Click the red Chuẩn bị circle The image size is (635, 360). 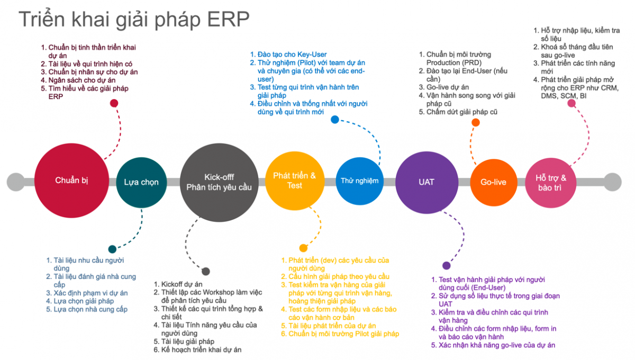coord(71,181)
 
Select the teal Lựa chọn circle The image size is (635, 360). coord(141,182)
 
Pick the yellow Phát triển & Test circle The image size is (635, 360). coord(294,181)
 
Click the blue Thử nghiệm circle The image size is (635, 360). coord(359,181)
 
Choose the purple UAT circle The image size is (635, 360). coord(427,182)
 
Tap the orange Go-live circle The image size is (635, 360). coord(493,182)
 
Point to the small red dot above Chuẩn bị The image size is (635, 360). coord(114,103)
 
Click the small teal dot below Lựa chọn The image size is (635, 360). coord(112,249)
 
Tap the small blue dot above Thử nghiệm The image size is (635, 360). coord(335,120)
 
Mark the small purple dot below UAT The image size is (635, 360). coord(447,266)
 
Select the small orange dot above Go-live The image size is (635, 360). coord(476,122)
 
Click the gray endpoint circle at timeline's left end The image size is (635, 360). coord(16,182)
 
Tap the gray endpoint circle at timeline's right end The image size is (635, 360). coord(613,182)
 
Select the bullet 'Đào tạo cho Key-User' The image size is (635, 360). coord(292,54)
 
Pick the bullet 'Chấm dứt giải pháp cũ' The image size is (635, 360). coord(461,112)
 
